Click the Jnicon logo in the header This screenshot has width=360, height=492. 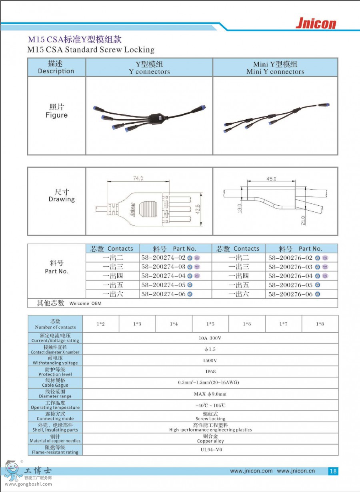(316, 24)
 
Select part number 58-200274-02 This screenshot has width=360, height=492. (163, 258)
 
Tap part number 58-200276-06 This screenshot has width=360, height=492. (290, 294)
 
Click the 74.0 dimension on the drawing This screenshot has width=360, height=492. (138, 179)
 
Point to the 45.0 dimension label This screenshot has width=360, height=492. (272, 179)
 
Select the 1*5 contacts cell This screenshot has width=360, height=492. (210, 324)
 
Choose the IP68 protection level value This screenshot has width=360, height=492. (210, 372)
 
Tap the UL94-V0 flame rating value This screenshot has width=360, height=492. (211, 450)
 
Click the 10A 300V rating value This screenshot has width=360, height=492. (210, 338)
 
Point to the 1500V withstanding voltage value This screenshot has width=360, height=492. (210, 360)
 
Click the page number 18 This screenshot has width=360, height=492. (333, 471)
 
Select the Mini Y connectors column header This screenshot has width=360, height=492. (275, 68)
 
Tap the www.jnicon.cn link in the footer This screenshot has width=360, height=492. (296, 471)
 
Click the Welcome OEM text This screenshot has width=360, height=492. (85, 303)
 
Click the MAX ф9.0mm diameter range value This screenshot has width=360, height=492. (210, 394)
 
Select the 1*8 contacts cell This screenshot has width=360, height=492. (320, 324)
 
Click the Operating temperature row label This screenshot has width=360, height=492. (55, 405)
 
